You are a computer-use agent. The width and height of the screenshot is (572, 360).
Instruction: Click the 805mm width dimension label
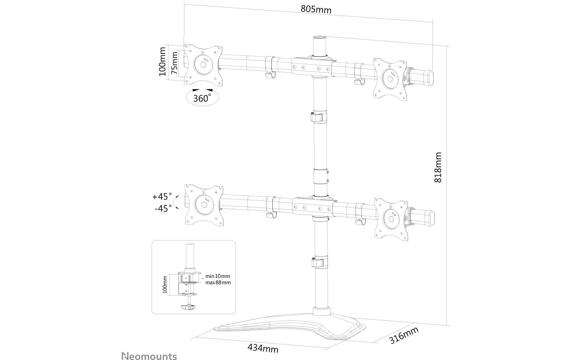316,9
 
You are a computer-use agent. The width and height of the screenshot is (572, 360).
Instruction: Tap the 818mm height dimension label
438,167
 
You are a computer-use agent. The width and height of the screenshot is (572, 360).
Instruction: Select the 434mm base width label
263,348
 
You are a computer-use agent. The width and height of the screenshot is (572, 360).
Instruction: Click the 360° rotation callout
202,98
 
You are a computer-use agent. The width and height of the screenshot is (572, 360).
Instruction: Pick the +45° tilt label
162,197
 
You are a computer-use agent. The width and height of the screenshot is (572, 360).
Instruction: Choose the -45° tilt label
163,208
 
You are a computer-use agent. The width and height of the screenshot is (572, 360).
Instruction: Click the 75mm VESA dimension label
174,63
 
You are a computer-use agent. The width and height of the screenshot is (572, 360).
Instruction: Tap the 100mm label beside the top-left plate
162,61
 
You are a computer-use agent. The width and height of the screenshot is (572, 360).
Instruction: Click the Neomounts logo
149,356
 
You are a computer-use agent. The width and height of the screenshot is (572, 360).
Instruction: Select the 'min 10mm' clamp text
218,276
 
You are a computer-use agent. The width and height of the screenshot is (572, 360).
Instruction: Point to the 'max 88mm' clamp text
218,283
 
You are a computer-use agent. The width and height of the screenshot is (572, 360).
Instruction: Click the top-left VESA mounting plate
203,64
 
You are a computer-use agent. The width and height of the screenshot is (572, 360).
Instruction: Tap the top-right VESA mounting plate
390,77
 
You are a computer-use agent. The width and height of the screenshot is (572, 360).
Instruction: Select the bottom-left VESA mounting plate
204,205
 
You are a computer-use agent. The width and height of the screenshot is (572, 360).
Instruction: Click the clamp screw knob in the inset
187,306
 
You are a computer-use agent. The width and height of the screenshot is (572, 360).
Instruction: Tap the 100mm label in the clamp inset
165,284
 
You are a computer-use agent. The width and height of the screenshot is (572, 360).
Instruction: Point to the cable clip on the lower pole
318,263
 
